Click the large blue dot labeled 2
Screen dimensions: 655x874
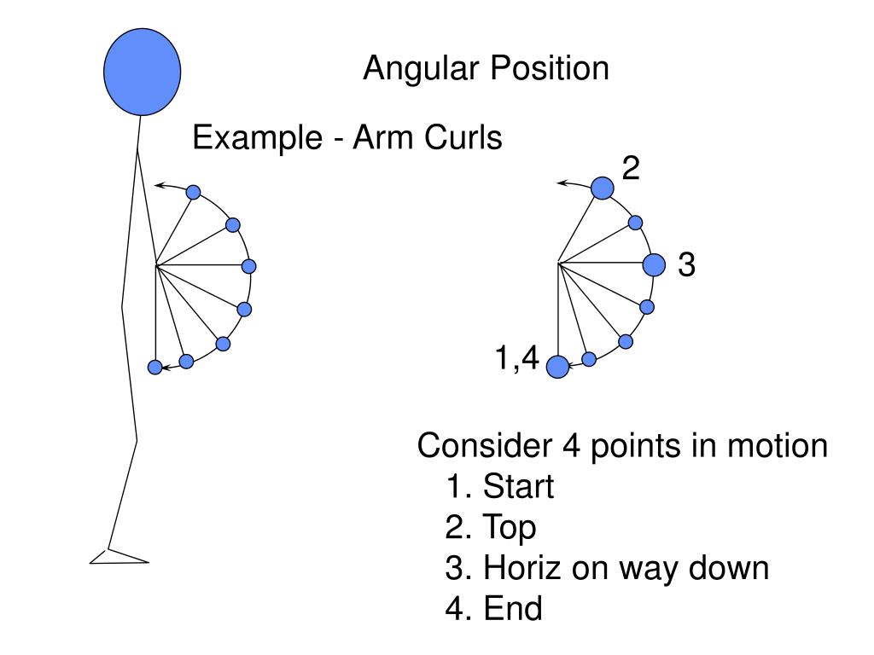click(602, 188)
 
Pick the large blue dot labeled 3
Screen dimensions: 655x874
click(654, 265)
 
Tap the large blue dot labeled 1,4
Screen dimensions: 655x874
click(557, 367)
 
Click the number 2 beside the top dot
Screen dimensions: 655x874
click(630, 169)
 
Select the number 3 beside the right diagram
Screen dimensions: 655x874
click(686, 266)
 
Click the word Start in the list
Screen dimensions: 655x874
click(518, 487)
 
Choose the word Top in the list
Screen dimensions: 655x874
click(510, 527)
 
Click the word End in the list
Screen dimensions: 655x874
click(512, 608)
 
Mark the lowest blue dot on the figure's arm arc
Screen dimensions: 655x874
click(154, 367)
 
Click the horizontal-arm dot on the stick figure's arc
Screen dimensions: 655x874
click(248, 266)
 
